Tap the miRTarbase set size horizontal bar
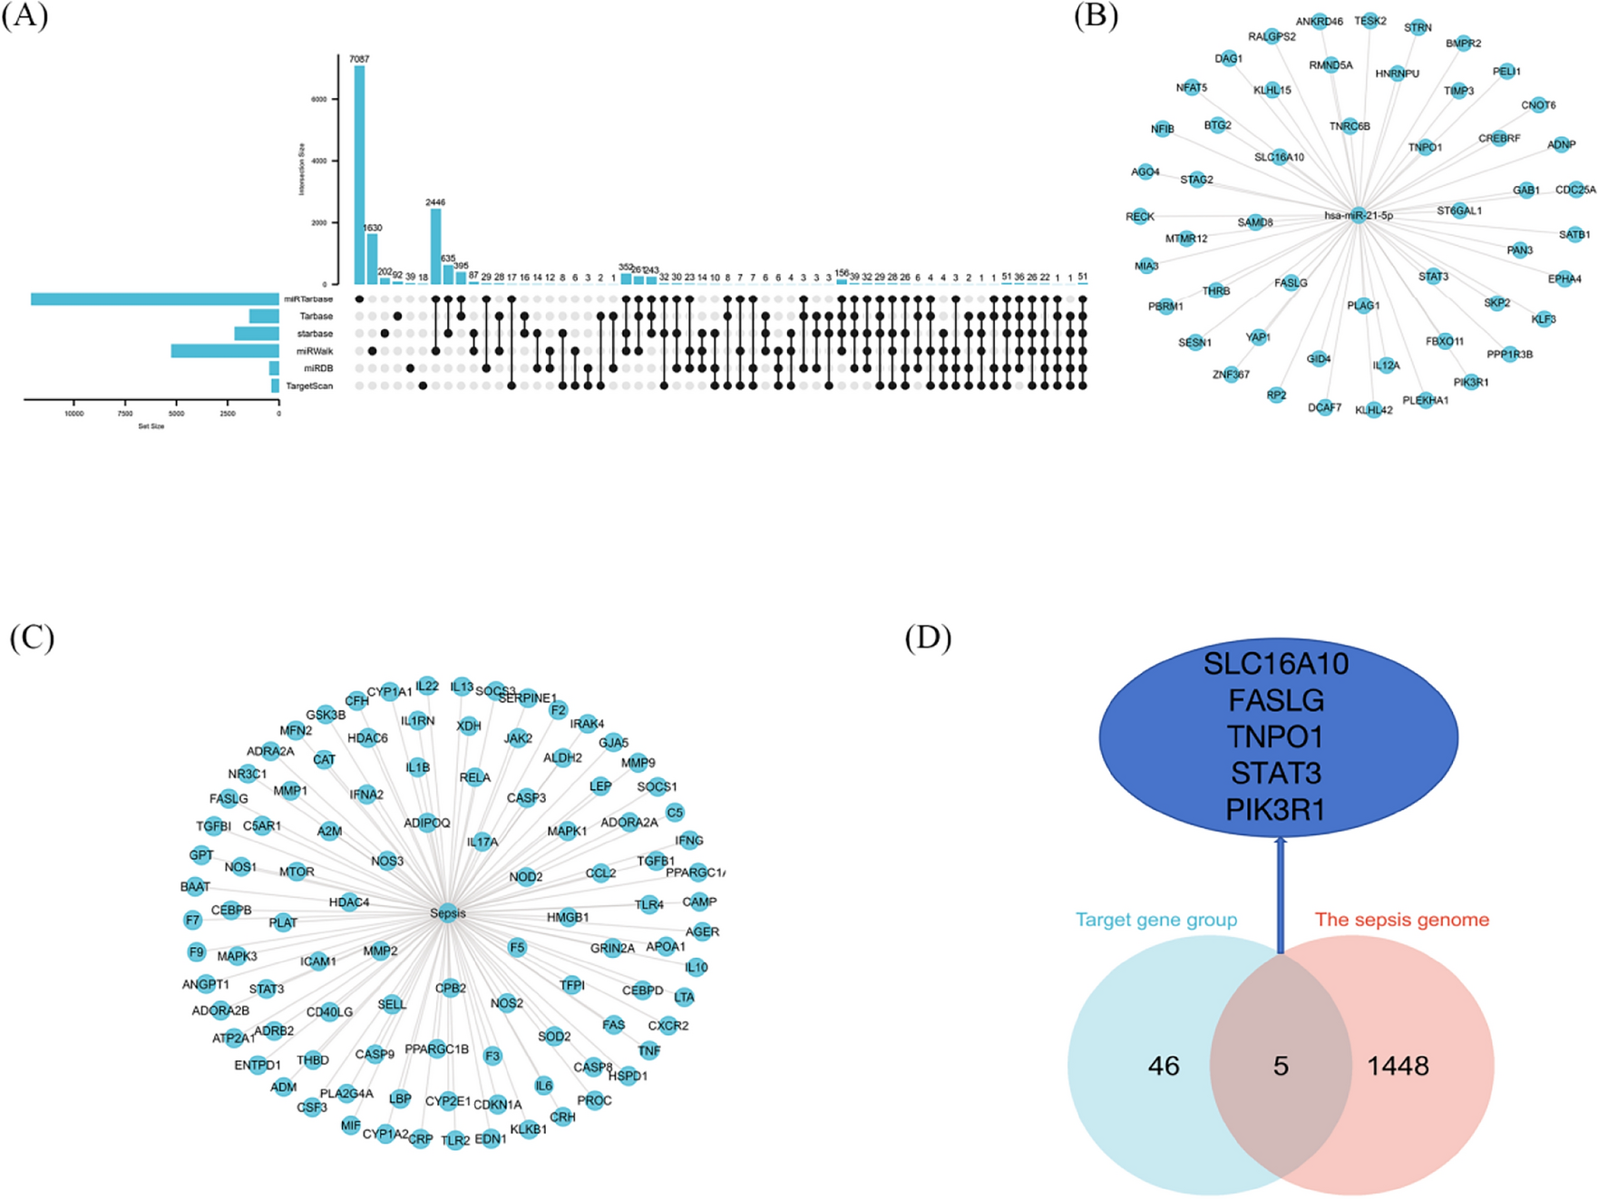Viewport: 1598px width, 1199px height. [154, 299]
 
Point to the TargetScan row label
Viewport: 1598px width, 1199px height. [309, 386]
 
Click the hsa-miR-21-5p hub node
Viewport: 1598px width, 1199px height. [1358, 216]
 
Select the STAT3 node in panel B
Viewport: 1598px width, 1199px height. [1434, 277]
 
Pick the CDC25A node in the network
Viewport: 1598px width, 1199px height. [1575, 190]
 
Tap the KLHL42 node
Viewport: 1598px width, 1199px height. [1374, 410]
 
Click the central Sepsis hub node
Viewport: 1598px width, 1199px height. [447, 913]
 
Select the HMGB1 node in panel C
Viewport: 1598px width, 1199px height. [568, 918]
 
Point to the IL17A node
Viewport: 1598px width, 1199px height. [482, 842]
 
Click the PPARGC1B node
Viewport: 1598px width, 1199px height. [436, 1049]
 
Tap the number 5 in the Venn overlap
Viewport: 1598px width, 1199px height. [1280, 1066]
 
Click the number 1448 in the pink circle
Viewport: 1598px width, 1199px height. [1398, 1066]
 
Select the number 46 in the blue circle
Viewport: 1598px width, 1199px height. [1164, 1066]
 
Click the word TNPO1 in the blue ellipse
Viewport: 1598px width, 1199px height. [1275, 736]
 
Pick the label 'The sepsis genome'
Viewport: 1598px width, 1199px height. [1401, 920]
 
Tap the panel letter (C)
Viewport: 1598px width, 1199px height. [32, 638]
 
